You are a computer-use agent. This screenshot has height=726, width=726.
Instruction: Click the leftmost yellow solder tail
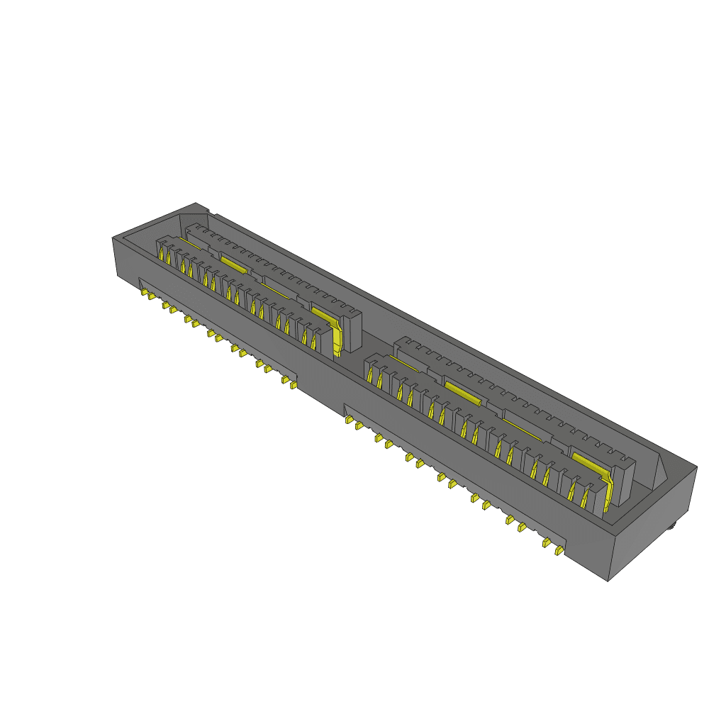pyautogui.click(x=144, y=291)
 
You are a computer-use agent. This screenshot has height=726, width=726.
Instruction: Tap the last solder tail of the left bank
pyautogui.click(x=294, y=387)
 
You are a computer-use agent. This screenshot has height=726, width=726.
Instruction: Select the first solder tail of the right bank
pyautogui.click(x=349, y=420)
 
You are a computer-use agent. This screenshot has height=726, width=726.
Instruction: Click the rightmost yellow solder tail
pyautogui.click(x=559, y=549)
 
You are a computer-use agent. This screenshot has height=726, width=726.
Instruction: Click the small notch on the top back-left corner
pyautogui.click(x=206, y=210)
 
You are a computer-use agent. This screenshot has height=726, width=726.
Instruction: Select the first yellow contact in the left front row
pyautogui.click(x=162, y=255)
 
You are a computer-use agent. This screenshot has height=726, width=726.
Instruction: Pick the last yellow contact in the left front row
pyautogui.click(x=313, y=340)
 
